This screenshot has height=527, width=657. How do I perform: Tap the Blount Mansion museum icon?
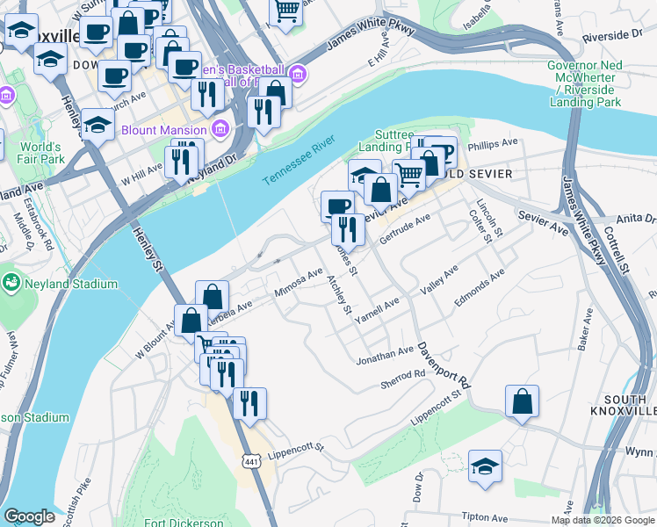[220, 129]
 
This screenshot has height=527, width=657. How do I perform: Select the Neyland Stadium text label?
[71, 284]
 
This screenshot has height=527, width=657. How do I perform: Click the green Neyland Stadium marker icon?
[11, 283]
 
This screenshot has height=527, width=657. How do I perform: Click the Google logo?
[30, 516]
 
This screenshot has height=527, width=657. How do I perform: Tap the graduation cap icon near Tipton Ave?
[484, 469]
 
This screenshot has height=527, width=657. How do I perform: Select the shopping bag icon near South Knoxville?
[522, 401]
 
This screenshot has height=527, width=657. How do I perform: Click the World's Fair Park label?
[42, 153]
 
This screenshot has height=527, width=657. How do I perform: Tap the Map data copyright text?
[602, 520]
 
